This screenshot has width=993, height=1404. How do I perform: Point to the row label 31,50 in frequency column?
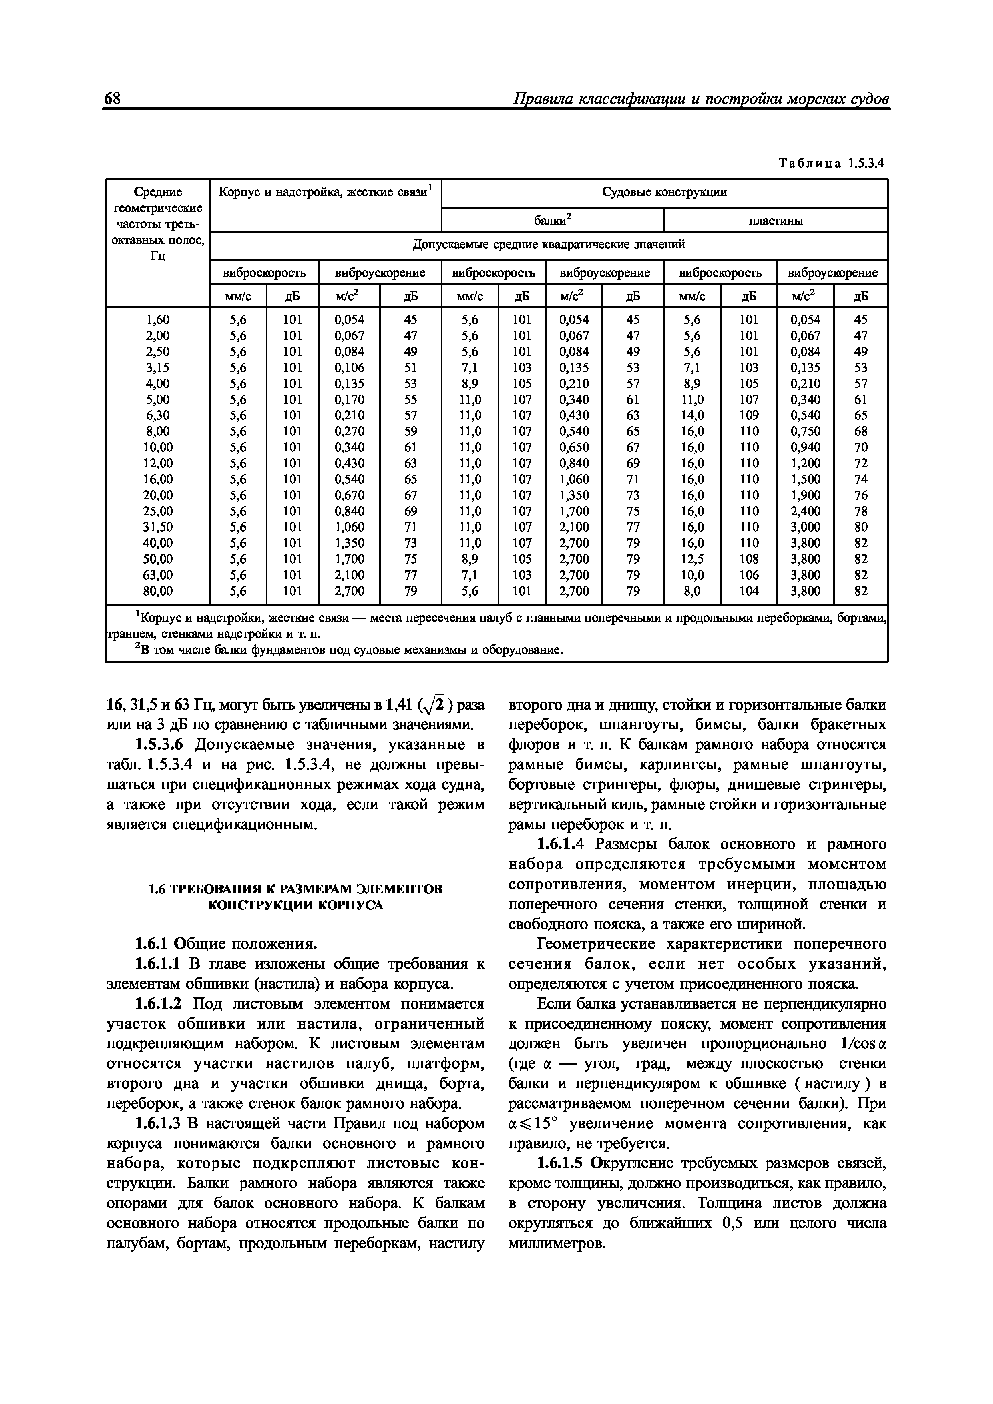point(158,527)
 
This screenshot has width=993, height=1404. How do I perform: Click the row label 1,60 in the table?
point(158,320)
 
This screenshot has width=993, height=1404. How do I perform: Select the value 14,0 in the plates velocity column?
point(693,415)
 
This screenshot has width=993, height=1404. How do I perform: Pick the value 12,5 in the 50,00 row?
point(693,559)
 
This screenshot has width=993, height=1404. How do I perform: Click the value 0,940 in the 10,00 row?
point(805,447)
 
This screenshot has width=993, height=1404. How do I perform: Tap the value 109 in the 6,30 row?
point(748,415)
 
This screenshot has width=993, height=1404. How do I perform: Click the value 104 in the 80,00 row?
point(748,591)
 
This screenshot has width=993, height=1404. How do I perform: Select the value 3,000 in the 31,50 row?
point(805,527)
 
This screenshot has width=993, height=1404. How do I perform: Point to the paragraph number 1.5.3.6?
point(162,745)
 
